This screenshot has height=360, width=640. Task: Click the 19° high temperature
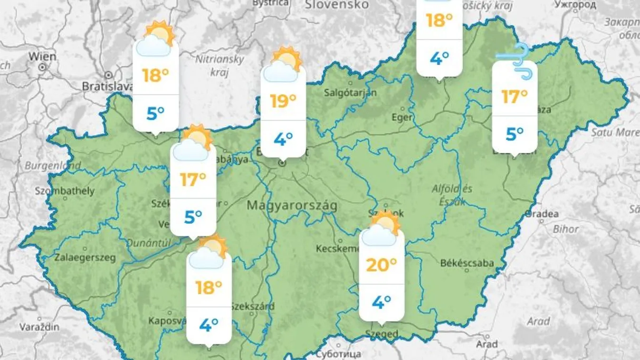tap(283, 101)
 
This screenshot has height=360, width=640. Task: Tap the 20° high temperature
tap(381, 265)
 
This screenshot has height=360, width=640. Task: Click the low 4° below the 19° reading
tap(283, 139)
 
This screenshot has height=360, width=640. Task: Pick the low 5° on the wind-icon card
tap(514, 134)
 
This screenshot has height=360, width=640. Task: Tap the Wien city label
tap(42, 56)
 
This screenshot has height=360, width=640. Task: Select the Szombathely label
tap(65, 191)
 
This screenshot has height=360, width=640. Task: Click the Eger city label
tap(401, 117)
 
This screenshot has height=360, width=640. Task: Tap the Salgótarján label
tap(350, 93)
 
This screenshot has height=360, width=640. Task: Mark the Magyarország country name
tap(292, 206)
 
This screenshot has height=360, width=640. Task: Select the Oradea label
tap(542, 214)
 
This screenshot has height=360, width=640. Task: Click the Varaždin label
tap(39, 327)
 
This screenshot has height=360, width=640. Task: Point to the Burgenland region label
tap(53, 166)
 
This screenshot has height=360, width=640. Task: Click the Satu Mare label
tap(615, 132)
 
